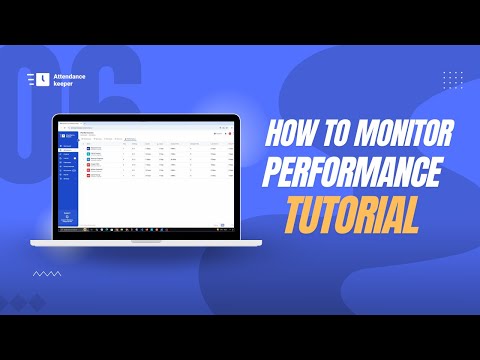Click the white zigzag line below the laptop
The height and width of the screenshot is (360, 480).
tap(46, 272)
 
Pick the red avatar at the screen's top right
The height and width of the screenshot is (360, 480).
tap(230, 133)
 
